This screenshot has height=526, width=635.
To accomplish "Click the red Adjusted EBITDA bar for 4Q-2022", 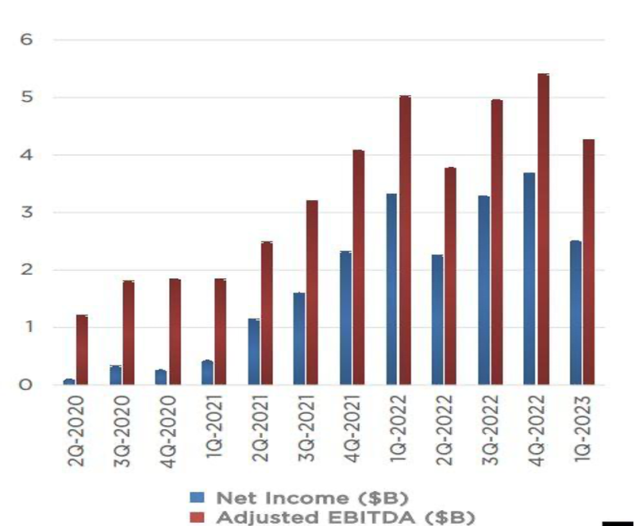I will [543, 230].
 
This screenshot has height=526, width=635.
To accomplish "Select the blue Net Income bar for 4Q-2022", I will [529, 279].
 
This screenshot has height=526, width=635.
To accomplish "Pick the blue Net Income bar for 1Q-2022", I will [391, 289].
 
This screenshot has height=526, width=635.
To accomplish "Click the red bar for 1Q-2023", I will [588, 262].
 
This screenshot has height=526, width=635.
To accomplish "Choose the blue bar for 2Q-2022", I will [437, 319].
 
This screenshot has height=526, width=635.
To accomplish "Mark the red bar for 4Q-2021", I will [358, 267].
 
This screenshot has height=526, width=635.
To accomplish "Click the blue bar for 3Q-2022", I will [483, 290].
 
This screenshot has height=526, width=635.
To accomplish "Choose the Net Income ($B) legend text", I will [314, 498].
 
